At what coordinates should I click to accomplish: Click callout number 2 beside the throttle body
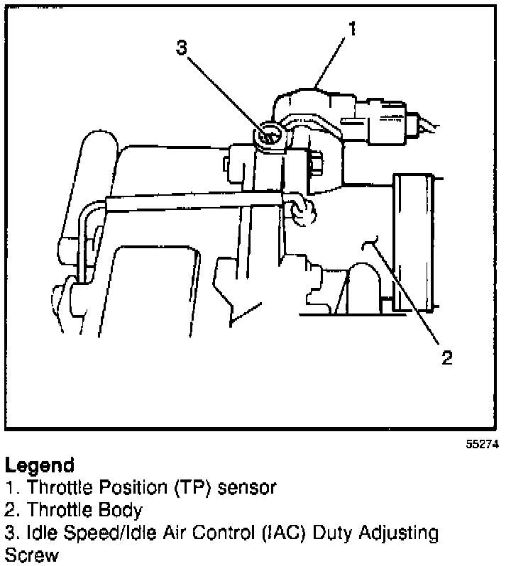point(446,357)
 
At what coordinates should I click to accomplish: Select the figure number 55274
point(482,445)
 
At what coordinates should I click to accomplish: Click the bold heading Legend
point(39,466)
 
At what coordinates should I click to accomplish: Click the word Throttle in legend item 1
point(46,488)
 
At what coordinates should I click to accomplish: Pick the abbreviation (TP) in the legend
point(192,488)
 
